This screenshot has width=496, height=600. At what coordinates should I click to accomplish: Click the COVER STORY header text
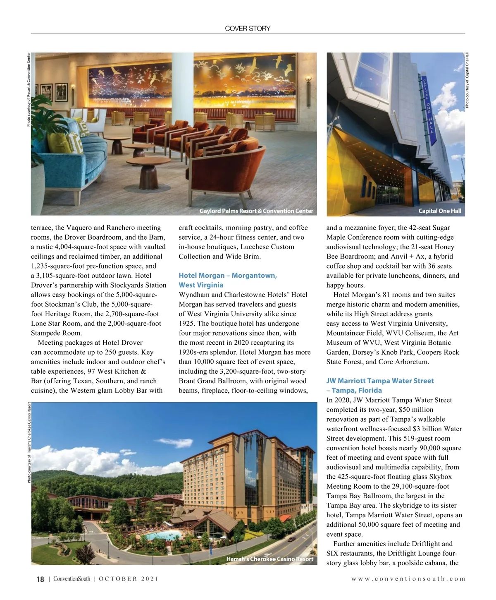pos(248,28)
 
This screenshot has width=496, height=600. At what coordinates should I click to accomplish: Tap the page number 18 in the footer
pos(40,579)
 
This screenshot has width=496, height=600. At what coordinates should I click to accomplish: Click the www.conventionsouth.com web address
pos(408,579)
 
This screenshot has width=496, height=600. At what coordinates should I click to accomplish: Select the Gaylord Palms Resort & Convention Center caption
pos(256,211)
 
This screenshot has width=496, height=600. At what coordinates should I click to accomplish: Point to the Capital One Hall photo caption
pos(439,211)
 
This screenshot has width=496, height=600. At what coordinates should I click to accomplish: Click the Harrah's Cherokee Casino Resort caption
pos(269,559)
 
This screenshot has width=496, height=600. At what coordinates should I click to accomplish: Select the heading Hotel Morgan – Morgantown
pos(228,276)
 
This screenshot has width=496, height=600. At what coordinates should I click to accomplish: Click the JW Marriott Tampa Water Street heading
pos(380,381)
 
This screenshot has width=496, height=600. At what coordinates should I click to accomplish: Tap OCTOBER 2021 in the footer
pos(129,579)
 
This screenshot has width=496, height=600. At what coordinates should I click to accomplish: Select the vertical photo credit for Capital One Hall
pos(467,81)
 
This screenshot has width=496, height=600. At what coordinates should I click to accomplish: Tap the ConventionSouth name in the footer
pos(72,579)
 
